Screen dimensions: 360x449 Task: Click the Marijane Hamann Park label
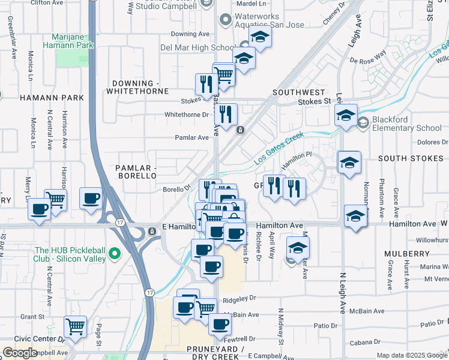[68, 41]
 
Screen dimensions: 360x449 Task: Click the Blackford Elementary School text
[406, 124]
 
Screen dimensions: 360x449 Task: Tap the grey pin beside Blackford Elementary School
[363, 123]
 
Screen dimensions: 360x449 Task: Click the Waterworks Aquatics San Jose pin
[225, 20]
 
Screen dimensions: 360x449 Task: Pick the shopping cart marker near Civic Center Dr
[75, 328]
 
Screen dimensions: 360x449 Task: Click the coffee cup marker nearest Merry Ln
[40, 209]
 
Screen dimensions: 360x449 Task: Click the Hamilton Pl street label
[297, 159]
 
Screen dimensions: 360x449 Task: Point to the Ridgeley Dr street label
[240, 297]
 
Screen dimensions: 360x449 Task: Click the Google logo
[20, 353]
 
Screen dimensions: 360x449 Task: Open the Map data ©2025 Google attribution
[411, 355]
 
